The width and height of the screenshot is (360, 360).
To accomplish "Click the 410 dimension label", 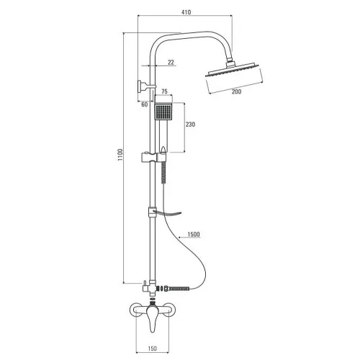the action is (x=186, y=12).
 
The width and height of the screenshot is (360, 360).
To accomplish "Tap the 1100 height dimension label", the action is (x=120, y=155).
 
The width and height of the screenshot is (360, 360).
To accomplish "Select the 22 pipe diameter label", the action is (x=171, y=63).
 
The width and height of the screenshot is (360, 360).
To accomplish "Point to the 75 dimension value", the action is (x=164, y=91).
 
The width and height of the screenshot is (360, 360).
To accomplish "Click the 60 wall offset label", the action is (x=145, y=104).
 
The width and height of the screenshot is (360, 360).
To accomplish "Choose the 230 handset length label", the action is (x=190, y=125).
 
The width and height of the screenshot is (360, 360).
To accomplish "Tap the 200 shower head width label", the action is (x=236, y=91).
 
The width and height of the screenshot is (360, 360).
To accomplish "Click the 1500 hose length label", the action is (x=194, y=234).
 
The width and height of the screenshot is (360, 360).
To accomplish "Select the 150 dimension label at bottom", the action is (x=152, y=348).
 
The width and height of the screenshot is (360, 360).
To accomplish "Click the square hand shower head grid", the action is (x=163, y=112).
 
